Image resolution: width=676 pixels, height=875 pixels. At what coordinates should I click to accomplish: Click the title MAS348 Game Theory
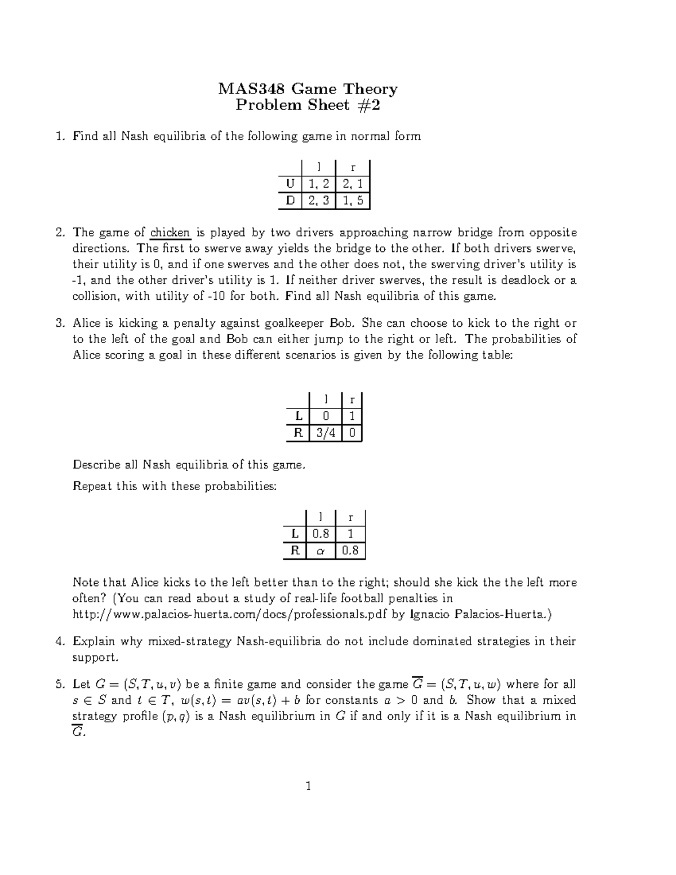coord(308,89)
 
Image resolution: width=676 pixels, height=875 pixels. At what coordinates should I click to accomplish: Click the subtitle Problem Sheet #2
coord(308,105)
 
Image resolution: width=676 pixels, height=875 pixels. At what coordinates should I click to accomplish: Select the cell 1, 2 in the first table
coord(318,184)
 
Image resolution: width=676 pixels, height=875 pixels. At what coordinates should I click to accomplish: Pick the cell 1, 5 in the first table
coord(352,201)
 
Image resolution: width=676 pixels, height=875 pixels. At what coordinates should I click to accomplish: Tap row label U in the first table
coord(290,184)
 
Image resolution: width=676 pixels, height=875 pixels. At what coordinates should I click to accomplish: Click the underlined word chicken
coord(170,233)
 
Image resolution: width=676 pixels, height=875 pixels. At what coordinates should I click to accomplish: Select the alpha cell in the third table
coord(321,551)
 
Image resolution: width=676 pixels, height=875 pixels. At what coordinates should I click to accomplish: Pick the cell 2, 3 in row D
coord(318,201)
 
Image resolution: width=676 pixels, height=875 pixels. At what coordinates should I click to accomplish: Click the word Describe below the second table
coord(96,465)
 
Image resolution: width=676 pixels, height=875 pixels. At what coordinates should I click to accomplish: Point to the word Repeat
coord(92,486)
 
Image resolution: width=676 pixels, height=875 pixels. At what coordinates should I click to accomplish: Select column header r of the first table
coord(353,167)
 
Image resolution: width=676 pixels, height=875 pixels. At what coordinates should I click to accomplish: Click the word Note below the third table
coord(85,583)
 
